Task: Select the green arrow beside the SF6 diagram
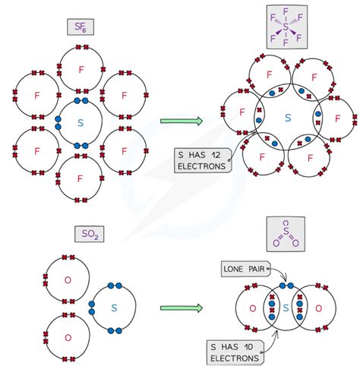coord(182,120)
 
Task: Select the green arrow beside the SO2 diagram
coord(182,308)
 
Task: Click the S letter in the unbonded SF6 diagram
coord(81,121)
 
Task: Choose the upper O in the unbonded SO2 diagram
coord(67,280)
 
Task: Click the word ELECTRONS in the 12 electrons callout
coord(201,167)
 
